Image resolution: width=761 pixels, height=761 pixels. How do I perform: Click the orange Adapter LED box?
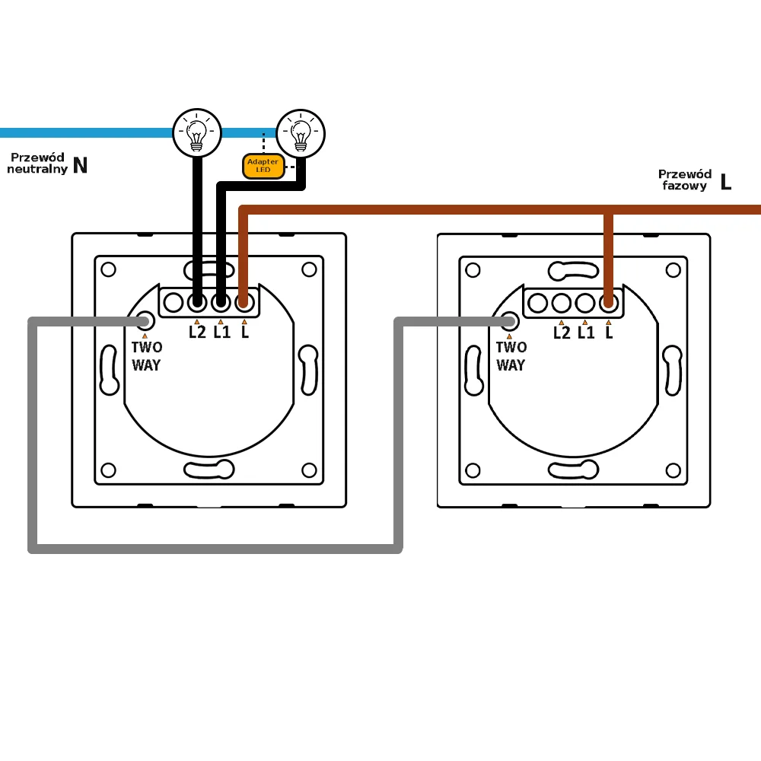click(x=263, y=166)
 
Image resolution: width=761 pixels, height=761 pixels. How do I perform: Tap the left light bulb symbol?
click(x=197, y=132)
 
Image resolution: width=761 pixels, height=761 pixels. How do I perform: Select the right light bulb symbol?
click(x=301, y=132)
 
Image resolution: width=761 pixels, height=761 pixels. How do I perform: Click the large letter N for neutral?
click(x=80, y=166)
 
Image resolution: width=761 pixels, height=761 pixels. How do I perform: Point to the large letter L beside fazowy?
click(x=725, y=182)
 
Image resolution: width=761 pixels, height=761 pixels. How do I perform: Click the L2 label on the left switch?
click(x=197, y=332)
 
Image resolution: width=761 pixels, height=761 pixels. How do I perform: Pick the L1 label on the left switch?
click(x=221, y=332)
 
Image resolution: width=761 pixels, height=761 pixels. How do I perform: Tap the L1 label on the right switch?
click(x=586, y=332)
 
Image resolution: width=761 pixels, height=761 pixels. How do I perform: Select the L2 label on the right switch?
click(x=562, y=332)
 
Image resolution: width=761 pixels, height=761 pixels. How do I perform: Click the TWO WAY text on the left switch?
click(x=146, y=356)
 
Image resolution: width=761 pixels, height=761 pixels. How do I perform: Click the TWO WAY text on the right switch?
click(x=511, y=356)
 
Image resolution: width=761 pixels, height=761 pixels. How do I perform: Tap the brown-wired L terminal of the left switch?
click(x=244, y=303)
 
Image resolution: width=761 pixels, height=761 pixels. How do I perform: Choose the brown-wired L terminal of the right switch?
click(x=608, y=303)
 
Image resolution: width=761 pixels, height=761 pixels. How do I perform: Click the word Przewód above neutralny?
click(x=37, y=157)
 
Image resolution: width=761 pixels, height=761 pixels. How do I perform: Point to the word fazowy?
click(x=684, y=186)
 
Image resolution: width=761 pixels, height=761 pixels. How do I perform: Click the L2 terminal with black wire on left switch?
click(x=197, y=303)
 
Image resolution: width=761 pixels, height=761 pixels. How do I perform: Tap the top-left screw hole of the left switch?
click(x=108, y=269)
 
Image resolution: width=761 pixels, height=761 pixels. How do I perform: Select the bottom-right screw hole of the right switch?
click(x=673, y=470)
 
